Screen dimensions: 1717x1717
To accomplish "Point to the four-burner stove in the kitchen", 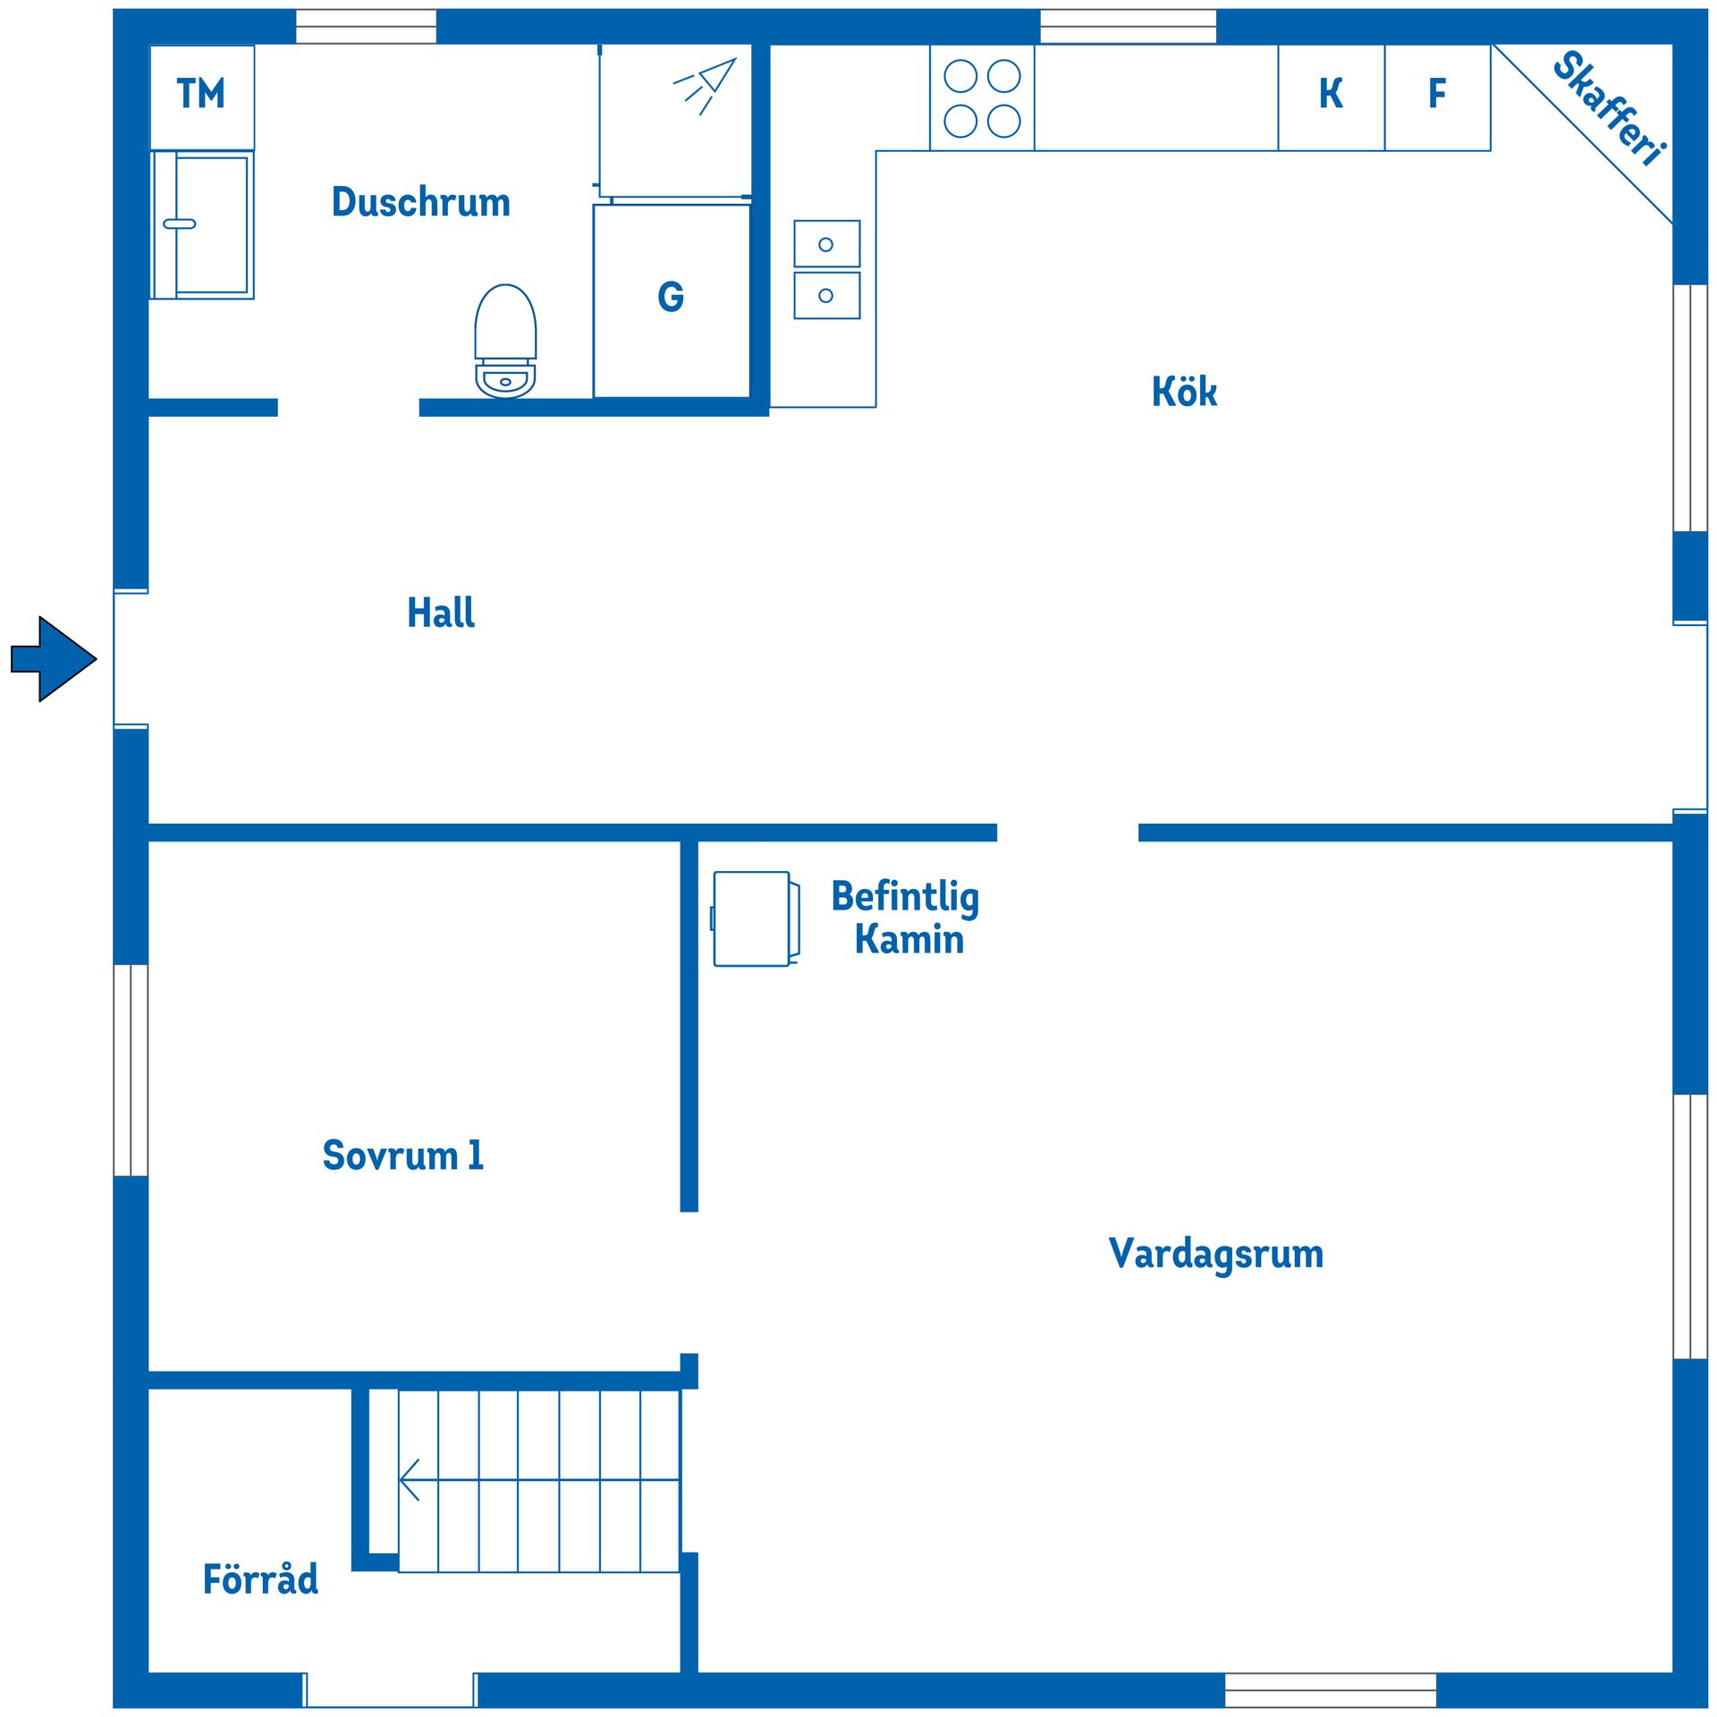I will pyautogui.click(x=982, y=97).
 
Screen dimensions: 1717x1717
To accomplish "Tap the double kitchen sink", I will pyautogui.click(x=826, y=269).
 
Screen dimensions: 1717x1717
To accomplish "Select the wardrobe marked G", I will pyautogui.click(x=672, y=299).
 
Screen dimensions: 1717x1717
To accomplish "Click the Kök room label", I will pyautogui.click(x=1184, y=393).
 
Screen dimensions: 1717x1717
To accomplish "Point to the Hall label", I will pyautogui.click(x=441, y=613).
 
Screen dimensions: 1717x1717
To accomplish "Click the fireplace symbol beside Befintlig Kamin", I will pyautogui.click(x=753, y=918).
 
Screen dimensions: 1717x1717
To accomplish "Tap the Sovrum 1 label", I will pyautogui.click(x=403, y=1155).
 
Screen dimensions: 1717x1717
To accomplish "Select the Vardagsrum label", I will pyautogui.click(x=1215, y=1254).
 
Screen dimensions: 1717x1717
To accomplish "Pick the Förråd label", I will pyautogui.click(x=260, y=1580).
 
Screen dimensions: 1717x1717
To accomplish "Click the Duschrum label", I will pyautogui.click(x=421, y=202).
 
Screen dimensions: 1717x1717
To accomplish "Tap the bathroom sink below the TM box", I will pyautogui.click(x=202, y=224).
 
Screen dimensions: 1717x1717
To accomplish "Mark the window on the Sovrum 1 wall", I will pyautogui.click(x=131, y=1070).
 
